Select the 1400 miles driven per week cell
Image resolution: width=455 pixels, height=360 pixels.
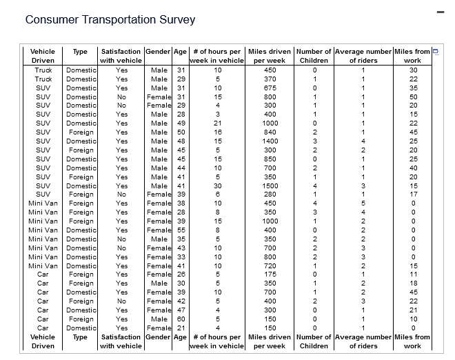pyautogui.click(x=270, y=141)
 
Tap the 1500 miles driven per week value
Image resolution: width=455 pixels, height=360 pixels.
pyautogui.click(x=270, y=186)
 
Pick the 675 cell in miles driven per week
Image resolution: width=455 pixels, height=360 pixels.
pyautogui.click(x=270, y=88)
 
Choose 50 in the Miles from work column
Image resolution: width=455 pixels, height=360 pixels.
pyautogui.click(x=414, y=97)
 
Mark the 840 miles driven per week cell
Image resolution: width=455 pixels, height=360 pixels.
pyautogui.click(x=270, y=132)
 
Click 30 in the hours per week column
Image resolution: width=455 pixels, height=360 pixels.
pyautogui.click(x=217, y=186)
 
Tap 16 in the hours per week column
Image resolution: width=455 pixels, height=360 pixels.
pyautogui.click(x=217, y=132)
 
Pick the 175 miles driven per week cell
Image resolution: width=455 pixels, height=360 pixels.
pyautogui.click(x=270, y=274)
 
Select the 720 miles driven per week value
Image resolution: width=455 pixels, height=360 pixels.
pyautogui.click(x=270, y=266)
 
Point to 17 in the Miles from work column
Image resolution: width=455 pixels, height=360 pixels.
pyautogui.click(x=414, y=194)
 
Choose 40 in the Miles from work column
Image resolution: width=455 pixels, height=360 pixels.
pyautogui.click(x=414, y=168)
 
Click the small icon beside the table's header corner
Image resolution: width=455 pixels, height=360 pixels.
pyautogui.click(x=435, y=52)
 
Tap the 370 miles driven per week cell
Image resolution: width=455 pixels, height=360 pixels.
pyautogui.click(x=270, y=79)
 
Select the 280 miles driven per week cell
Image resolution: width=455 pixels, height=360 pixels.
pyautogui.click(x=270, y=194)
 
